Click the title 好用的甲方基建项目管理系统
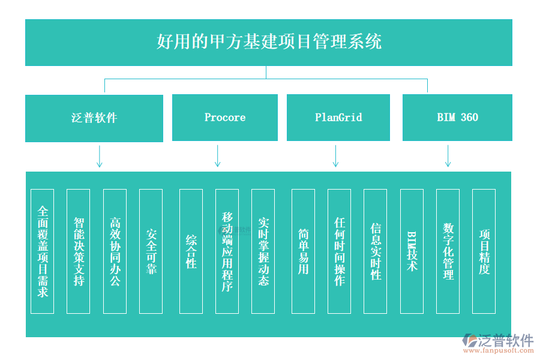point(268,42)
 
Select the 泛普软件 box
point(94,118)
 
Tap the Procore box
point(224,118)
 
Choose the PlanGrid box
point(338,118)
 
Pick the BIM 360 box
point(457,118)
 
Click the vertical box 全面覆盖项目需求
point(43,251)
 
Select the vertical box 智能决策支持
point(79,251)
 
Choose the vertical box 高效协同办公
point(115,251)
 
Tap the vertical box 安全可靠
point(151,251)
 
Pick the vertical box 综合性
point(191,251)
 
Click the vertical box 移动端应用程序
point(227,251)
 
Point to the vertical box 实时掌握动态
point(263,251)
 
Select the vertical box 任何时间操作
point(340,251)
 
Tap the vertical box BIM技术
point(412,251)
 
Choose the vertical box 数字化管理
point(448,251)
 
